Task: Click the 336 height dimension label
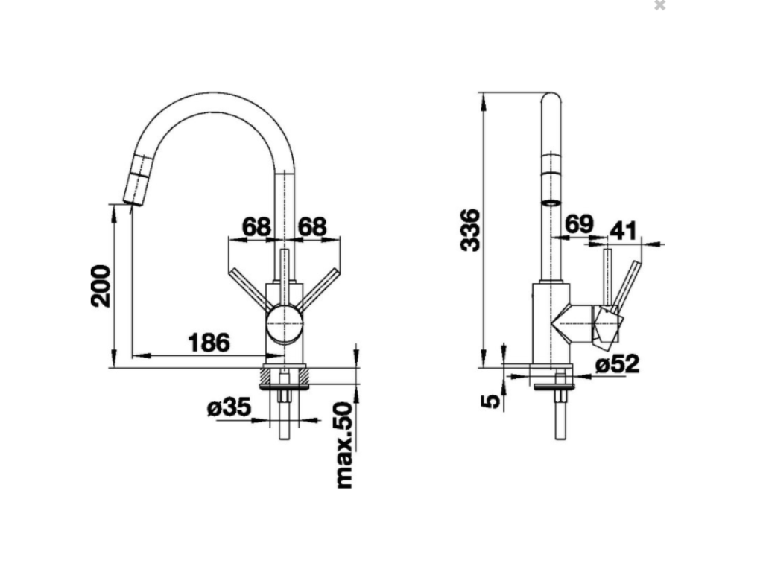[470, 230]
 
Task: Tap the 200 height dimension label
[101, 285]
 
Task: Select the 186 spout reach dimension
[209, 343]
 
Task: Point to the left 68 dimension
[256, 226]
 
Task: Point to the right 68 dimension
[312, 226]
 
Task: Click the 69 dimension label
[579, 223]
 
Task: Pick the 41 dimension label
[623, 231]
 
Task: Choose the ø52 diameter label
[618, 363]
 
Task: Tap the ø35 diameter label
[229, 407]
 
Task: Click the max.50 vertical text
[344, 445]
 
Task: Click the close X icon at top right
[660, 5]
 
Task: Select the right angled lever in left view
[318, 289]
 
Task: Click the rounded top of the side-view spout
[551, 98]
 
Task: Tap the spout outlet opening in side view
[551, 203]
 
